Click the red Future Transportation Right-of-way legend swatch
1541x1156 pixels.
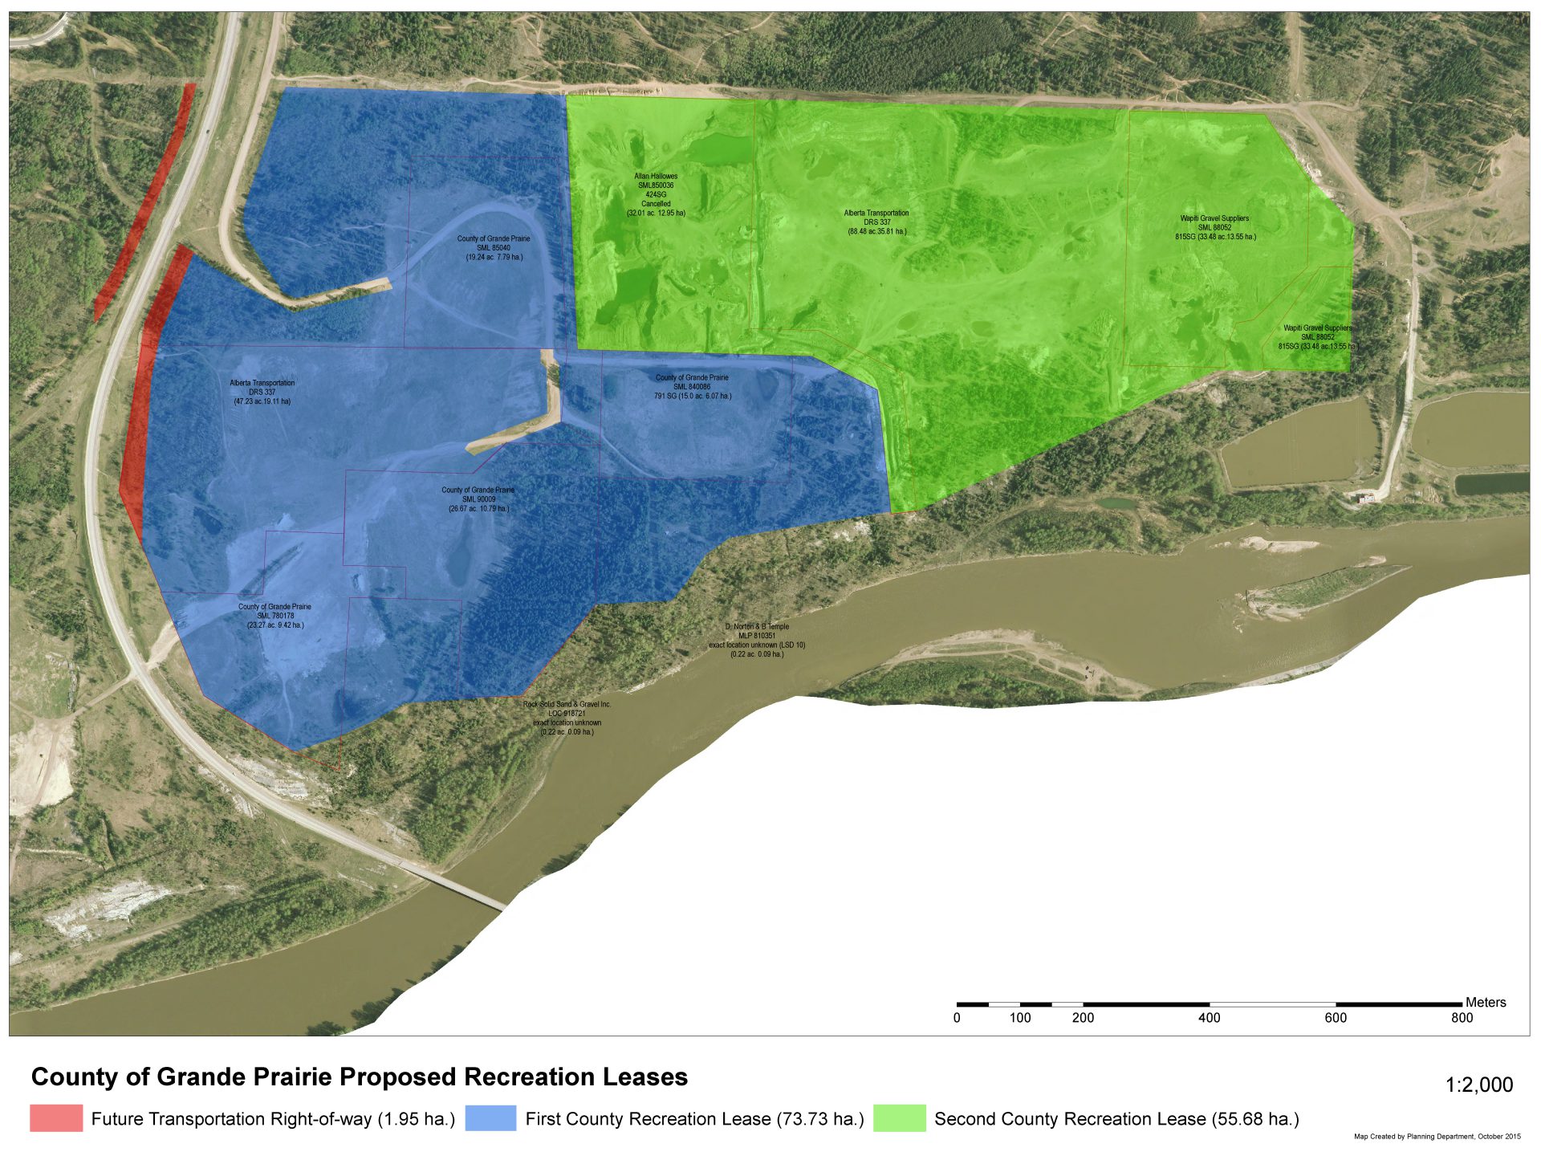coord(56,1118)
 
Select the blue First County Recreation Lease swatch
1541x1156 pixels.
coord(490,1118)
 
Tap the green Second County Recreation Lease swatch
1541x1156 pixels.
coord(899,1118)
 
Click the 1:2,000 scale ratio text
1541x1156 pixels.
coord(1479,1085)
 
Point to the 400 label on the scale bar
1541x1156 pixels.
coord(1209,1018)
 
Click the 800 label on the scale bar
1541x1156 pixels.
coord(1462,1018)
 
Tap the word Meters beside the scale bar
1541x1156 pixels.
coord(1486,1002)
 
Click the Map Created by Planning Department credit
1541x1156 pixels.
coord(1437,1136)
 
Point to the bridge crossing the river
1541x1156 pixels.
coord(453,886)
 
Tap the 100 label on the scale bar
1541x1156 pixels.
coord(1019,1018)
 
